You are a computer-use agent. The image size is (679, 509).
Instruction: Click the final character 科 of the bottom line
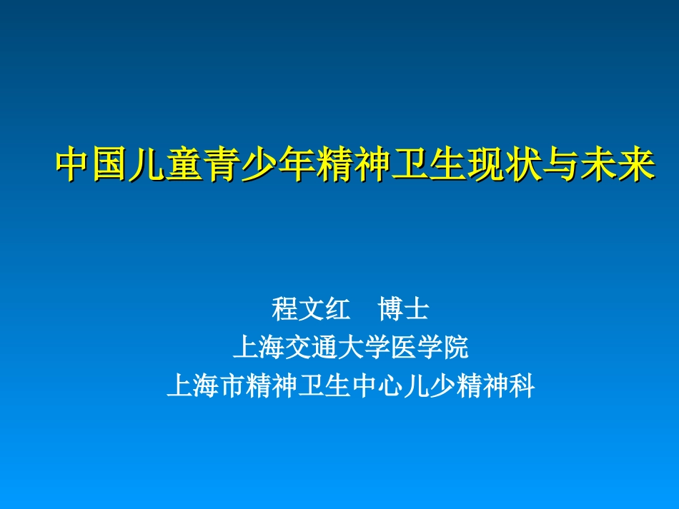522,386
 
